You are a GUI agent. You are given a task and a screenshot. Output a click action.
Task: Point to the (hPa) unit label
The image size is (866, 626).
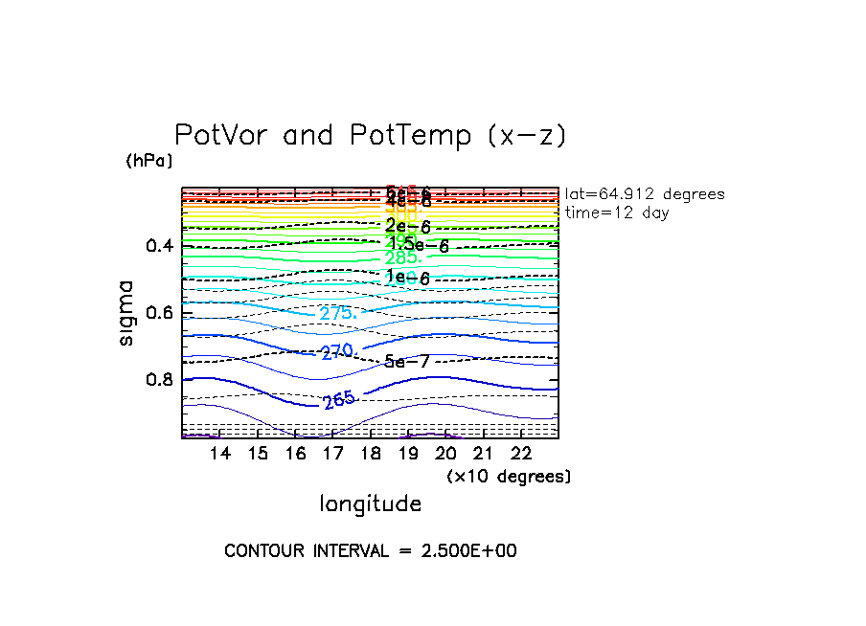149,161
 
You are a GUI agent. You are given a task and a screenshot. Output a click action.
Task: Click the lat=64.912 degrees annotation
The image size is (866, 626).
645,194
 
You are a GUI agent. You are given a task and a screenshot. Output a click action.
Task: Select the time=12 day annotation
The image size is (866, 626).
617,212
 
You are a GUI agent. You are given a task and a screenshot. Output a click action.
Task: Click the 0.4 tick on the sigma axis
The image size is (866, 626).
160,246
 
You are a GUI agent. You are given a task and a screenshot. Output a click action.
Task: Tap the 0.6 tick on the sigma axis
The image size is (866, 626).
160,313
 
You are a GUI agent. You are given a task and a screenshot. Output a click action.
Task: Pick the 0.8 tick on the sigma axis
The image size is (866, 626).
160,380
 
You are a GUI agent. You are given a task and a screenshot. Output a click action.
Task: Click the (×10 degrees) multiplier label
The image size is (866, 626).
509,476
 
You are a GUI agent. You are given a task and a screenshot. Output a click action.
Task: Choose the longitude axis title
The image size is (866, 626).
370,503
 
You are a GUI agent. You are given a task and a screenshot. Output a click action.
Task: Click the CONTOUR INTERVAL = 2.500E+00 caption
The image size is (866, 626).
370,551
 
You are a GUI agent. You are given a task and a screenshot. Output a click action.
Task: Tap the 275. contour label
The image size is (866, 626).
338,313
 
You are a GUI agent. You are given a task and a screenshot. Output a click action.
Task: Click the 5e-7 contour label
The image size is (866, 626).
406,362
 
